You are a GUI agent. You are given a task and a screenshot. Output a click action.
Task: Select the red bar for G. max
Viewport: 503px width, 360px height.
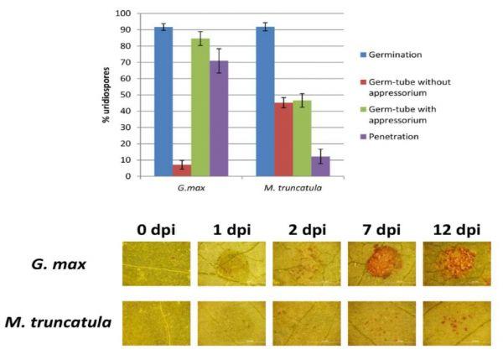[x=182, y=170]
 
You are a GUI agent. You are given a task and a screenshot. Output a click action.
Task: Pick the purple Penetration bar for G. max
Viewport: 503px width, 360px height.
[x=219, y=118]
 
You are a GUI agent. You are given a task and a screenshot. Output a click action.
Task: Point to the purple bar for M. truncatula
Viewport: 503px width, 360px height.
[x=320, y=166]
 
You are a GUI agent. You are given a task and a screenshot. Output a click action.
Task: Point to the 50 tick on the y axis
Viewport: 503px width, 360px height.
[x=127, y=95]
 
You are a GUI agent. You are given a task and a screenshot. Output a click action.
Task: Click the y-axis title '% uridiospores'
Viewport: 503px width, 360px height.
[x=106, y=95]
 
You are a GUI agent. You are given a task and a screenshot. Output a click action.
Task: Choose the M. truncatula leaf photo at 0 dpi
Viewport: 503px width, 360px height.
[x=155, y=323]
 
